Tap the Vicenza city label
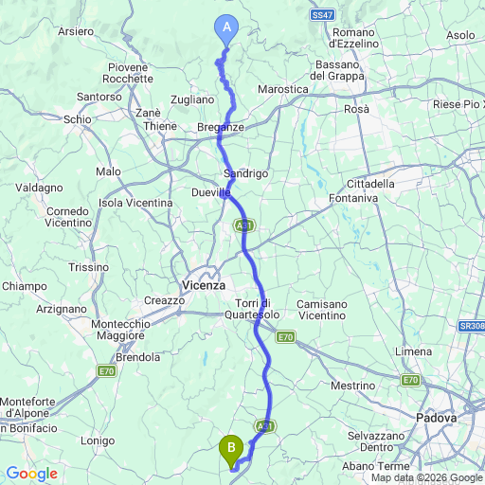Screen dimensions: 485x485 tap(203, 284)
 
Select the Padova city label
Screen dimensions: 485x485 tap(437, 416)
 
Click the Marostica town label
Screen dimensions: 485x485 tap(283, 89)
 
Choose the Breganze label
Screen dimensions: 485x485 tap(221, 127)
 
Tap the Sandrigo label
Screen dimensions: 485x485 tap(246, 174)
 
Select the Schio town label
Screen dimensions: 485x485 tap(78, 119)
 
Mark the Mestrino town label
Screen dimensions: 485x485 tap(354, 386)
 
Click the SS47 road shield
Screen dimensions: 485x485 tap(323, 14)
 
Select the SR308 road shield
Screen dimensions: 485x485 tap(470, 325)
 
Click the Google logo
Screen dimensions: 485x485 tap(33, 474)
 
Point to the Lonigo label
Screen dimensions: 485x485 tap(98, 440)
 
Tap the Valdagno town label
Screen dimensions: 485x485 tap(38, 188)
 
